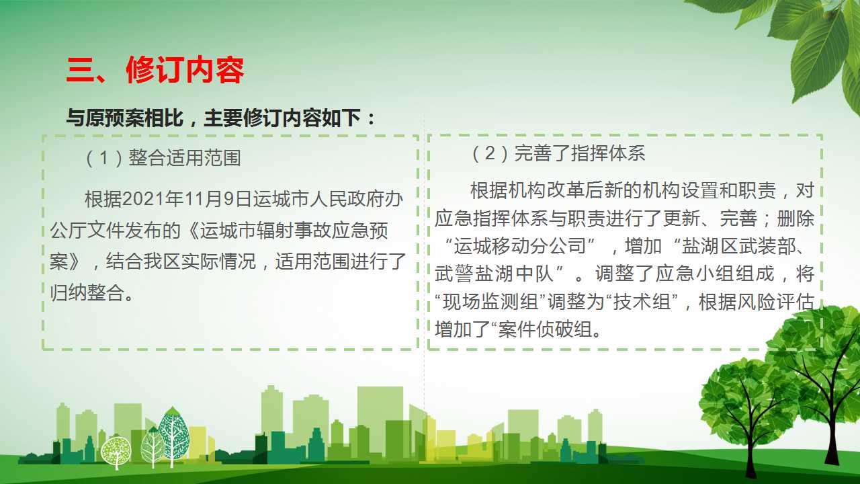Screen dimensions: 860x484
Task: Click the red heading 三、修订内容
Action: pos(155,70)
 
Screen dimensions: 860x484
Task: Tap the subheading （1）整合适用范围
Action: pos(163,158)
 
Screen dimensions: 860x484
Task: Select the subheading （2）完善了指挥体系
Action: pos(558,153)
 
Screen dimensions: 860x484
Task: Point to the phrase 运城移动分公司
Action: pos(519,246)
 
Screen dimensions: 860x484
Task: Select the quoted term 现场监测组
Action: pos(490,302)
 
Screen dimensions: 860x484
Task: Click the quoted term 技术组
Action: pos(642,302)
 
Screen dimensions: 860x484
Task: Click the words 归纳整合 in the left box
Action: pos(87,292)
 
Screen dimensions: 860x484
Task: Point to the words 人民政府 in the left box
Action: pos(347,199)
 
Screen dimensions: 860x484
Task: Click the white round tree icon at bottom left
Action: pos(116,452)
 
